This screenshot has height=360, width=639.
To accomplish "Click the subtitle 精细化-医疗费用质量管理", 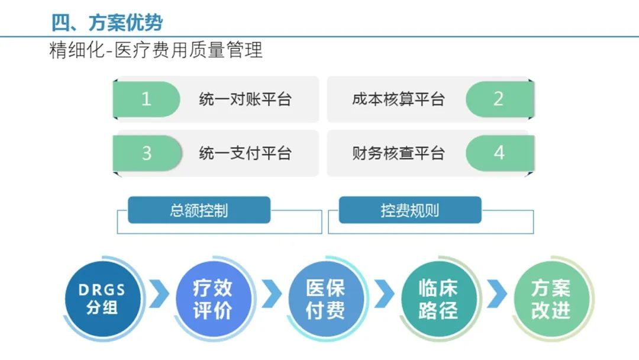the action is point(156,50).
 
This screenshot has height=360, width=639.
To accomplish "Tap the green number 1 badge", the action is point(146,99).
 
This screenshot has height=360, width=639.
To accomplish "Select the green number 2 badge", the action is point(498,99).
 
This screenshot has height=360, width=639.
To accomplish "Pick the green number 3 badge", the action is point(146,153).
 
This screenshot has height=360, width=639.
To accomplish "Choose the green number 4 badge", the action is point(499,153).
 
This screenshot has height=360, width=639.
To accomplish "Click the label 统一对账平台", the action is point(245,99).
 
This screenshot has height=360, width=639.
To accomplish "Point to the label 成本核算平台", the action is point(398,99).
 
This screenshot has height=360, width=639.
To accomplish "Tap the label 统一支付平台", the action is point(245,153).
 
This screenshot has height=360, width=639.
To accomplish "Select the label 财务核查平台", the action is point(398,153).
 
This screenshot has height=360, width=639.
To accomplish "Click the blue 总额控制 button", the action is point(199,210).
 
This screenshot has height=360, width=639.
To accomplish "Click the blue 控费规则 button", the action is point(409,210).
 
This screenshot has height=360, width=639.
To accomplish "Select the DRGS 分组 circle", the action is point(102,299).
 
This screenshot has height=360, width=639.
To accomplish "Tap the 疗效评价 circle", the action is point(213,299).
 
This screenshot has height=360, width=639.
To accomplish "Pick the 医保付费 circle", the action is point(325,299).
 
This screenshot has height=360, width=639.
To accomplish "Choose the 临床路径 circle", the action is point(438,299).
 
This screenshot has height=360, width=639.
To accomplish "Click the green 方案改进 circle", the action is point(550,299).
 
